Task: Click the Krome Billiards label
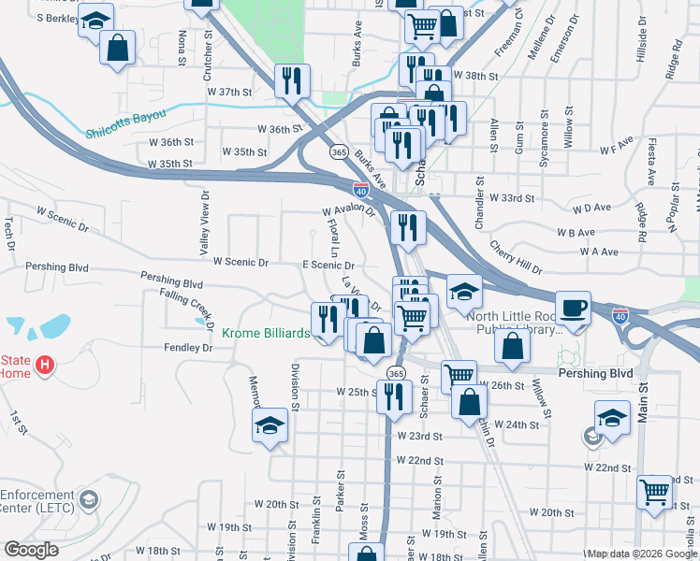click(x=266, y=333)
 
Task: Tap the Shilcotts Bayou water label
click(x=125, y=115)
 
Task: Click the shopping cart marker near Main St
click(x=654, y=492)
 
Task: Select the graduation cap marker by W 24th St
click(x=612, y=418)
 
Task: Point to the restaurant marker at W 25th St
click(x=394, y=396)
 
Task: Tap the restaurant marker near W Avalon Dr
click(x=408, y=227)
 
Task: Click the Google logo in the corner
click(x=31, y=550)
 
